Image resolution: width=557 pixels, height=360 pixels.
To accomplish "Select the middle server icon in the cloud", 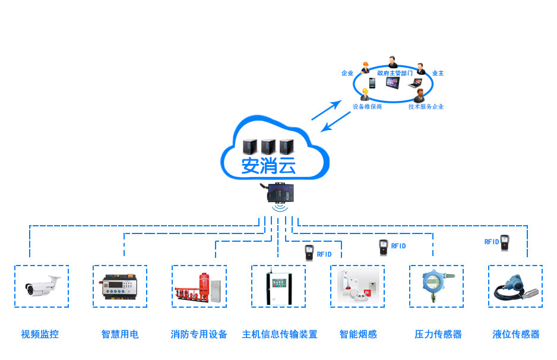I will click(268, 145).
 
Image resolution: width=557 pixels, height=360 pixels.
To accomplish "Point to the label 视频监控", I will click(40, 334).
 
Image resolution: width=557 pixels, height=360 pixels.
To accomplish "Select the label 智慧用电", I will click(120, 334).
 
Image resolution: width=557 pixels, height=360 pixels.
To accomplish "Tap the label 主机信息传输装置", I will click(279, 334).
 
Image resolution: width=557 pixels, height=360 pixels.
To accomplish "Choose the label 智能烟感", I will click(358, 334).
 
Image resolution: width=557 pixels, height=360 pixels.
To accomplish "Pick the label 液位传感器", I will click(516, 334).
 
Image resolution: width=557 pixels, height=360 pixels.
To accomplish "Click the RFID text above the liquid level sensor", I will click(491, 242).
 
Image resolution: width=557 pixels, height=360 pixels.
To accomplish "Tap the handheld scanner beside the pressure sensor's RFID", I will click(383, 247).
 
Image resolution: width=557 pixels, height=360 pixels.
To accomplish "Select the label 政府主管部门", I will click(395, 73).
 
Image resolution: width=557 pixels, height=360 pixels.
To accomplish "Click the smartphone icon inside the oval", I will click(372, 83).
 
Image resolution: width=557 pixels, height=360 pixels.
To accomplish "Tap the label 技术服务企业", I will click(426, 107).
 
